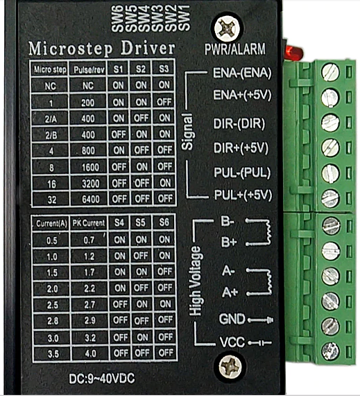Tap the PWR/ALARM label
[x=235, y=49]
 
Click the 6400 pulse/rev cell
[x=90, y=200]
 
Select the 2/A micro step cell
[x=51, y=119]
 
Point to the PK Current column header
[x=89, y=223]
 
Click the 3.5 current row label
[x=53, y=354]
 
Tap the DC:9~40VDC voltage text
[x=102, y=379]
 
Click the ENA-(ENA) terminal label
[x=242, y=73]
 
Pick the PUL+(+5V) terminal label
[x=243, y=195]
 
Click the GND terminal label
[x=232, y=319]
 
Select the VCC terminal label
[x=232, y=342]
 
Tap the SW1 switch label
[x=185, y=18]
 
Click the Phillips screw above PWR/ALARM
[x=227, y=28]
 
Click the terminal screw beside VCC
[x=330, y=351]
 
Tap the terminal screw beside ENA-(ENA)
[x=330, y=72]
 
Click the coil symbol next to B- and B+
[x=259, y=232]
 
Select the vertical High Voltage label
[x=196, y=281]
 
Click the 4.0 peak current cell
[x=90, y=353]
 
